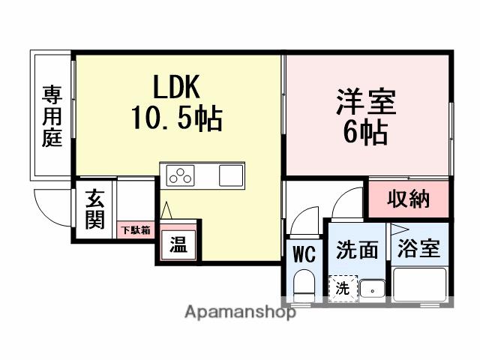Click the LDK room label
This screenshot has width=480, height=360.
point(178,88)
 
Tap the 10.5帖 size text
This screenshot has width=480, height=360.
point(178,118)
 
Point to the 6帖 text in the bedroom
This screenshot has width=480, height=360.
point(366,133)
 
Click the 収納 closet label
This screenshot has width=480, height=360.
point(408,199)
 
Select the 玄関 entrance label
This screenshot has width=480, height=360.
point(94,211)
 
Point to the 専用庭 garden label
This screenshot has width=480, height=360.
point(52,116)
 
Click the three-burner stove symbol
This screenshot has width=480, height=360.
point(181,177)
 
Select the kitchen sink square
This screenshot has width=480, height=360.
point(231,177)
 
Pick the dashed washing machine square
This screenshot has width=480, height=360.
point(341,288)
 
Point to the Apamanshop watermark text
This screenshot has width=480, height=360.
point(240,312)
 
